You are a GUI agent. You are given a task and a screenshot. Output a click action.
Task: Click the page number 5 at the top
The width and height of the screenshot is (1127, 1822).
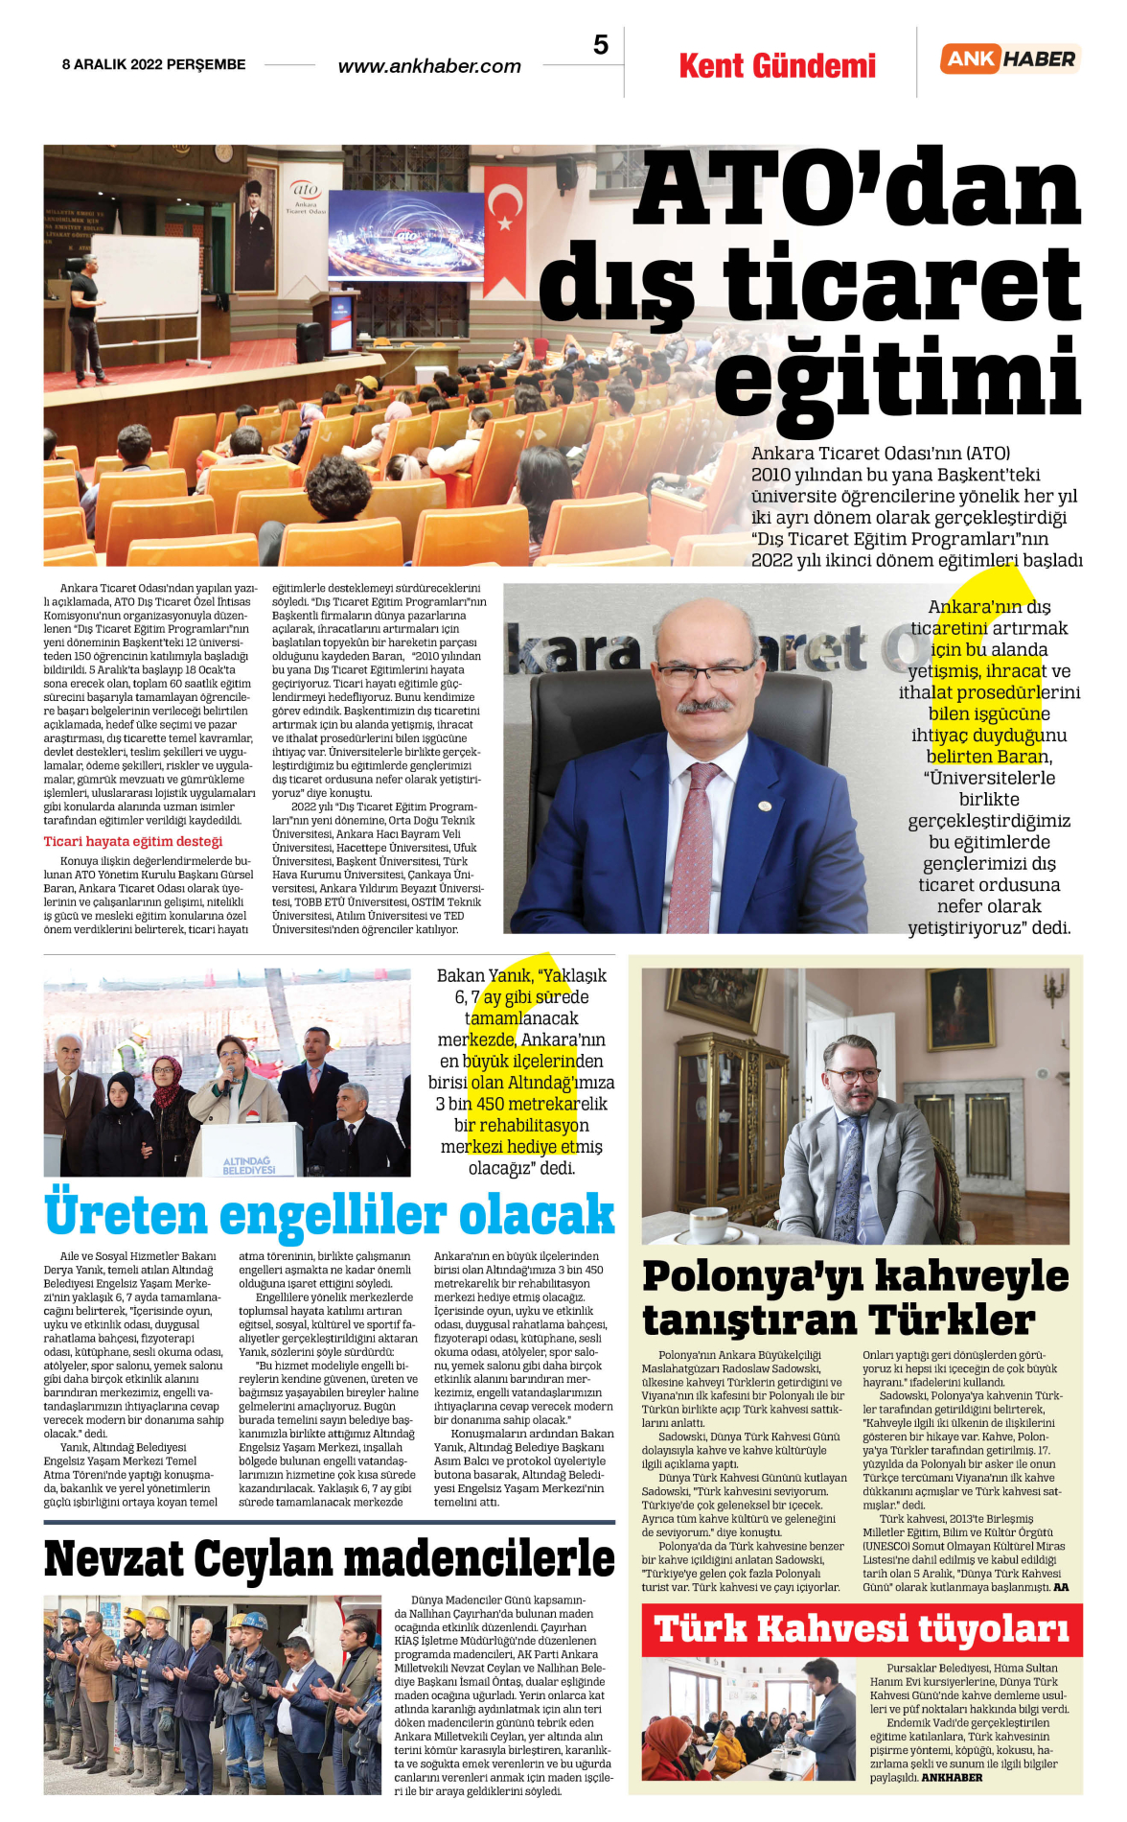(601, 45)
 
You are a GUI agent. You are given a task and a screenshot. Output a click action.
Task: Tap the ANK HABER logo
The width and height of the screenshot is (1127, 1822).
(1010, 59)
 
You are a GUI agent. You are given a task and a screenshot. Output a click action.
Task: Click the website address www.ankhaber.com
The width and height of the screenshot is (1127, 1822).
(429, 66)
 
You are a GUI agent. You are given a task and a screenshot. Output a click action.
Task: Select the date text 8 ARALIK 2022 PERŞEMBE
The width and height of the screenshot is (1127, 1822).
(154, 64)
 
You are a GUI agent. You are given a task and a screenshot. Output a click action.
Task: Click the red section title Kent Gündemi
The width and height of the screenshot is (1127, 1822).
(777, 66)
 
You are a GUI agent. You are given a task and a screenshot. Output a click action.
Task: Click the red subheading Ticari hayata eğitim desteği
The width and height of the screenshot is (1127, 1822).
(133, 841)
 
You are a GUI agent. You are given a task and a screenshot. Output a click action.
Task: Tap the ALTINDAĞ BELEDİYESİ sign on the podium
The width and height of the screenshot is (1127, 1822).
(248, 1165)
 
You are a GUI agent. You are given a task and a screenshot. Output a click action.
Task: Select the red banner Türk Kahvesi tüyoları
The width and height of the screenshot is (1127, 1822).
(861, 1629)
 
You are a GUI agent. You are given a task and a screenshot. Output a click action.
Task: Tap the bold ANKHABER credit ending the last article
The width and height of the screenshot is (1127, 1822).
(952, 1777)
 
